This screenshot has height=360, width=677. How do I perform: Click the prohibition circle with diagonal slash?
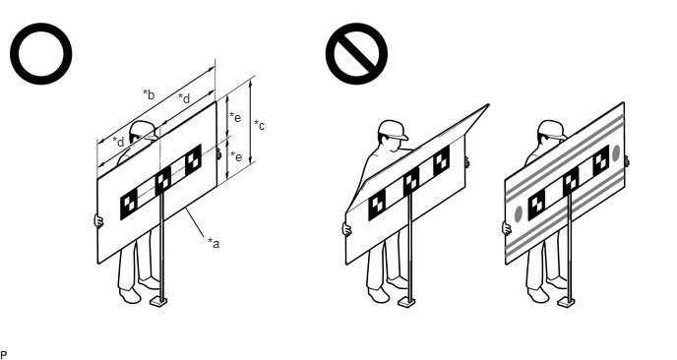tap(356, 53)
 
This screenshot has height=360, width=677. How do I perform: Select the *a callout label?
tap(214, 244)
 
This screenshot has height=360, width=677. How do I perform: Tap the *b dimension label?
tap(149, 94)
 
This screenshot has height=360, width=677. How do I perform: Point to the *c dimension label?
tap(259, 125)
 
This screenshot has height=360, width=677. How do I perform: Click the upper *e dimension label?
tap(235, 117)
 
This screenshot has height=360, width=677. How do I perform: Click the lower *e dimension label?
tap(236, 156)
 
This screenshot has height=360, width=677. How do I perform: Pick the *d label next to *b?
tap(184, 98)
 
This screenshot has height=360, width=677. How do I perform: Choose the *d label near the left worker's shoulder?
tap(118, 142)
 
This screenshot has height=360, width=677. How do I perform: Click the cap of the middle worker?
tap(393, 129)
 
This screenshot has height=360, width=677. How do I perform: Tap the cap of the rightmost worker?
tap(552, 129)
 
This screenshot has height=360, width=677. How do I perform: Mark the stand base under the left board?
tap(158, 302)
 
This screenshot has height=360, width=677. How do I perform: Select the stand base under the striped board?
tap(566, 302)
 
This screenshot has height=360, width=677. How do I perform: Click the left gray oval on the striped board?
tap(519, 214)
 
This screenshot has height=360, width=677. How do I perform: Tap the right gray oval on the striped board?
tap(616, 153)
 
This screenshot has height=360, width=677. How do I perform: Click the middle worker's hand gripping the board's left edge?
tap(346, 229)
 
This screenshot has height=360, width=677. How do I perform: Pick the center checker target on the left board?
tap(162, 180)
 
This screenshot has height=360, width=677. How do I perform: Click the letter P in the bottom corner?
tap(4, 355)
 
